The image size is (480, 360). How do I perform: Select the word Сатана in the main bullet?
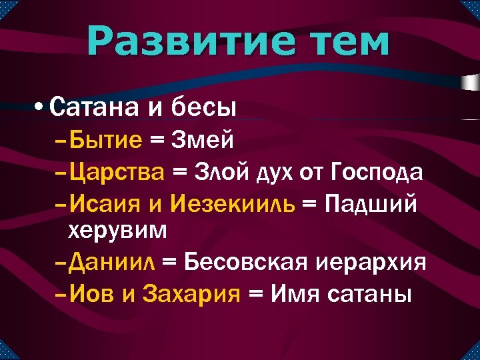click(93, 107)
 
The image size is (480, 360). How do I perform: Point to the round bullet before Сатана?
click(41, 107)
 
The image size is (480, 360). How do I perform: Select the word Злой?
click(222, 171)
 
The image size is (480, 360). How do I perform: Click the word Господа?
click(376, 171)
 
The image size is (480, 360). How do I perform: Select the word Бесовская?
click(245, 261)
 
